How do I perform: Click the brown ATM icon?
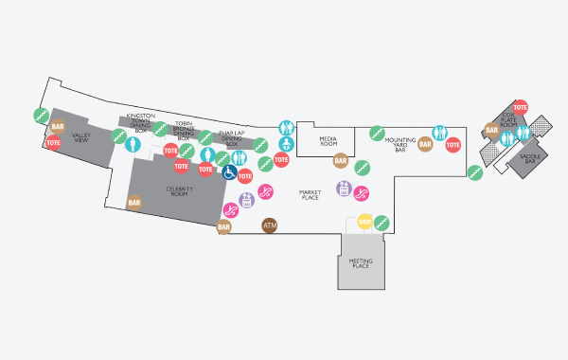coord(270,225)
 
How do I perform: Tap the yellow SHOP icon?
coord(365,223)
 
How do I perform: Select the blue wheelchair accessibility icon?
coord(230,172)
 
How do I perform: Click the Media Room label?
coord(328,141)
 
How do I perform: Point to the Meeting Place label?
coord(359,262)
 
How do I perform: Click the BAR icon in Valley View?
coord(58,125)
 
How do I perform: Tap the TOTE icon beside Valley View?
coord(53,142)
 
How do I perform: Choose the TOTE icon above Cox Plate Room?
coord(519,108)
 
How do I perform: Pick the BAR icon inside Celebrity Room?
coord(134,203)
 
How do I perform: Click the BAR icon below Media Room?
coord(341,161)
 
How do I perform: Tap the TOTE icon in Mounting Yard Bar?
coord(453,145)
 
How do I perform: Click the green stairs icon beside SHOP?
coord(382,224)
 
